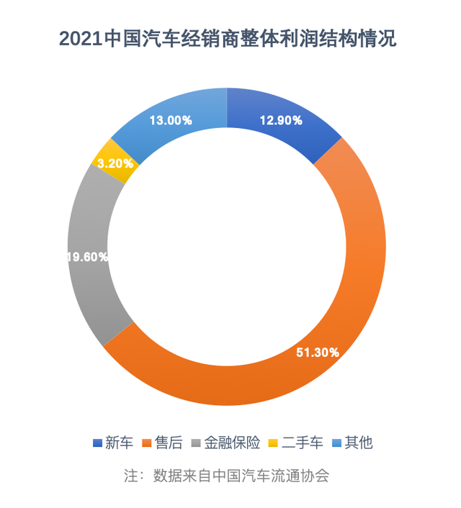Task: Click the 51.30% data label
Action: click(318, 352)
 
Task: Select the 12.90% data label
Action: click(280, 121)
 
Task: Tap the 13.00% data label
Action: click(170, 121)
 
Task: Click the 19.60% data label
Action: click(88, 256)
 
